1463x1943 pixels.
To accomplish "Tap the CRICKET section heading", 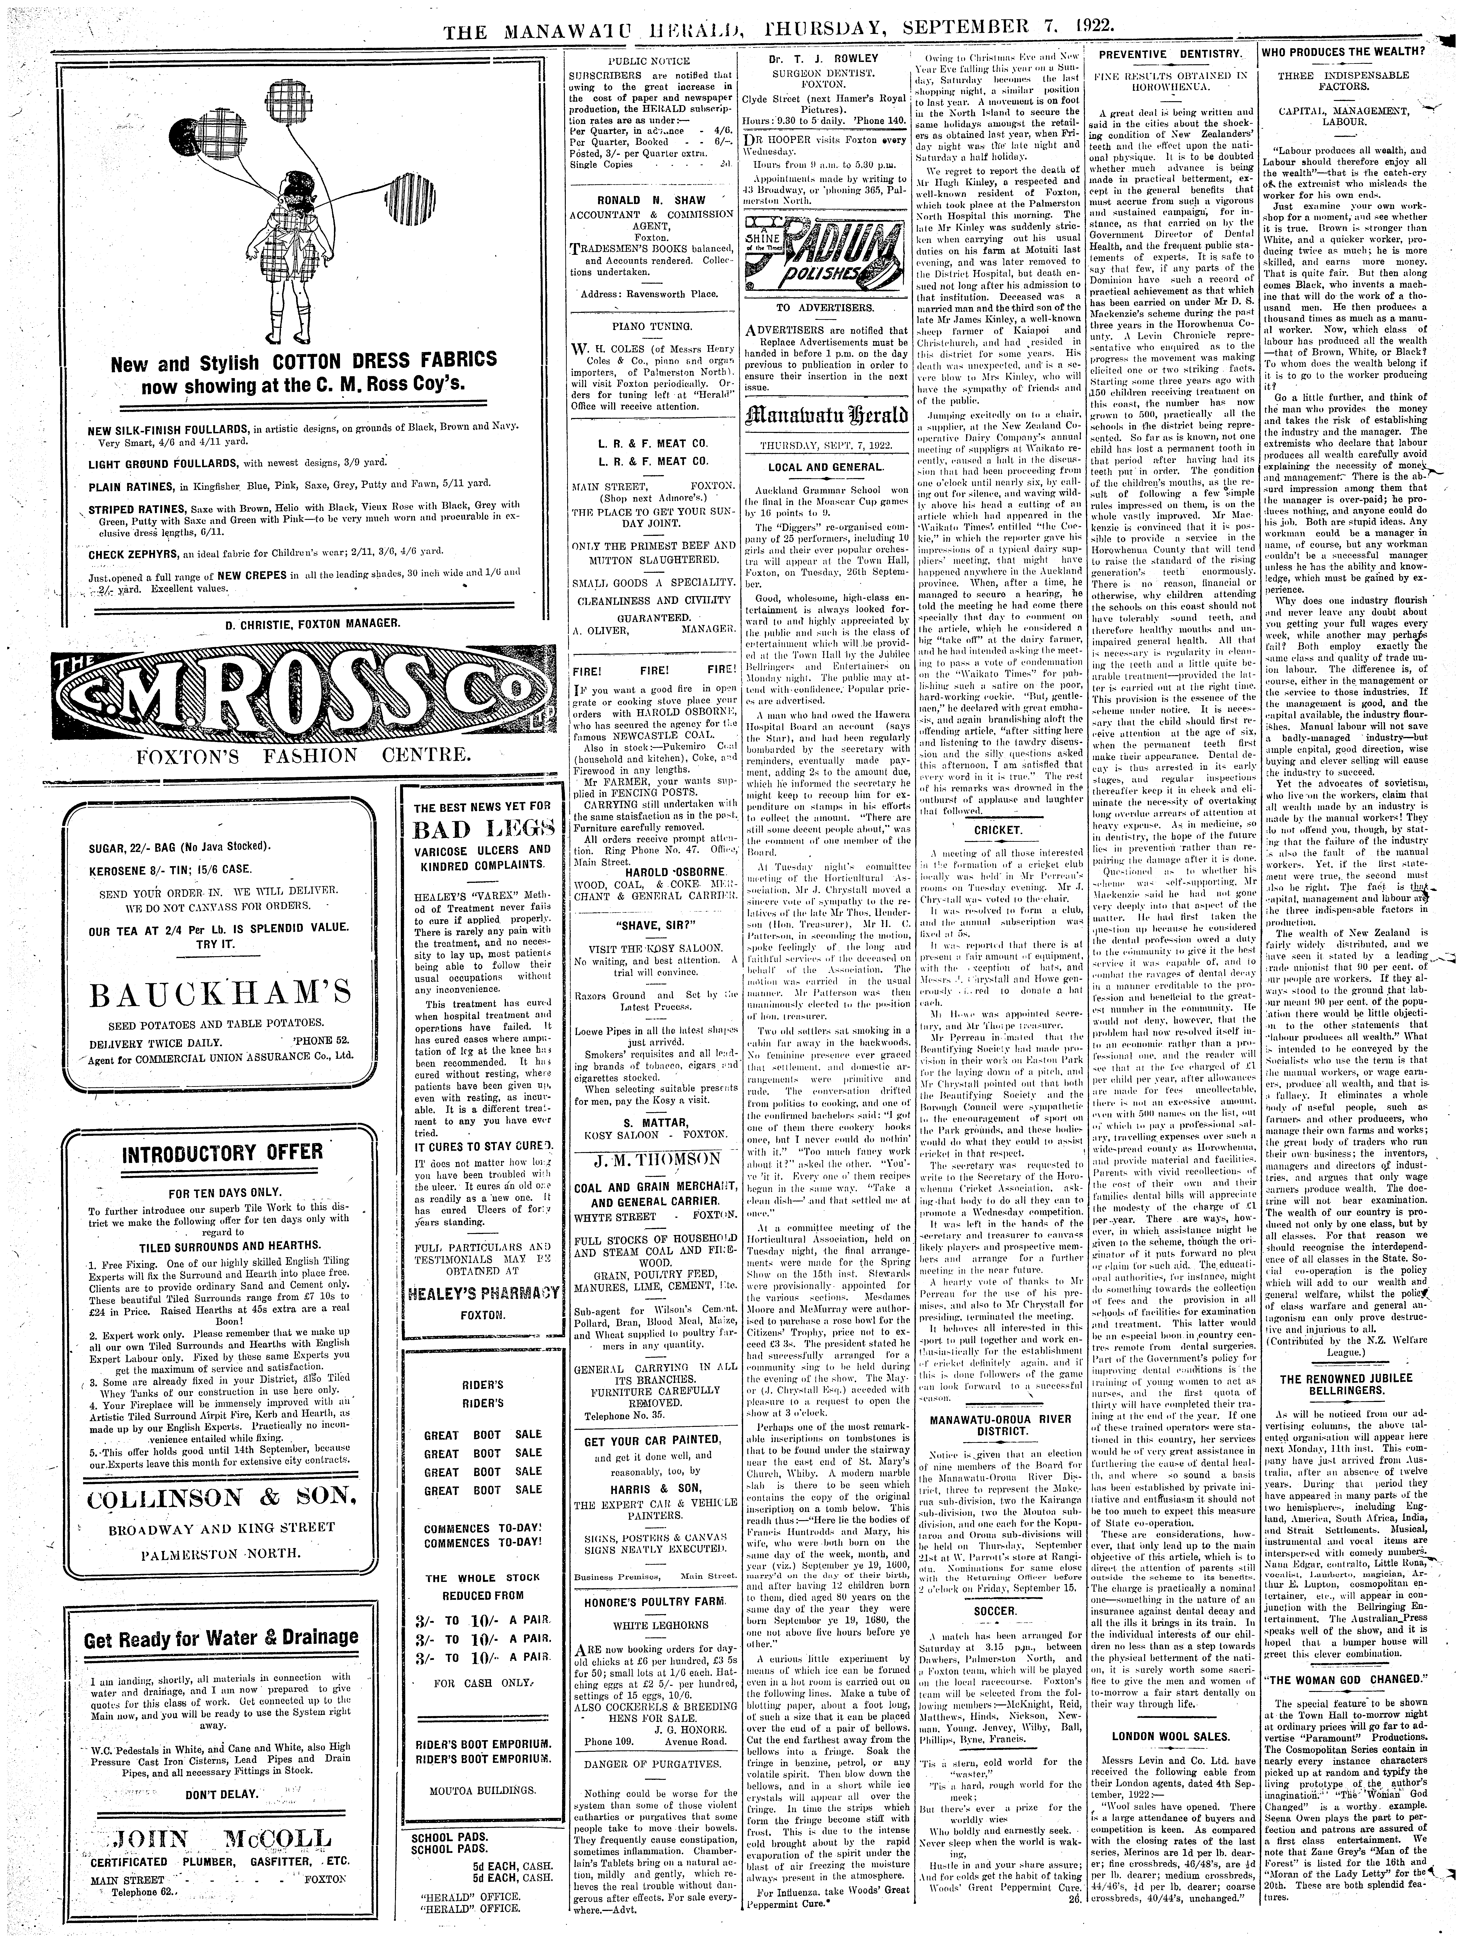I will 998,829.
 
